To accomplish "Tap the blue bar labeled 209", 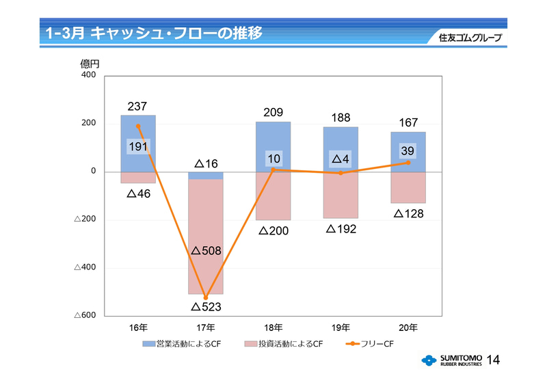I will pos(273,137).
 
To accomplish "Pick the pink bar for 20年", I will pos(408,187).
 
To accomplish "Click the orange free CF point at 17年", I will pos(206,297).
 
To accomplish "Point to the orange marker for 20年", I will pos(408,163).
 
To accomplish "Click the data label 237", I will pos(137,107).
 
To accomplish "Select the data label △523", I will pos(206,307).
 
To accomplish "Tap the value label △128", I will pos(408,213).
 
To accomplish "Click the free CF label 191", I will pos(138,146).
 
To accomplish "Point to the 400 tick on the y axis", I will pos(89,75).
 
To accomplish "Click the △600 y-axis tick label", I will pos(85,315).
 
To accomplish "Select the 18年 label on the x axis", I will pos(273,328).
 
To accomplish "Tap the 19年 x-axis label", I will pos(341,328).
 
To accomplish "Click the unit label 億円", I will pos(90,64).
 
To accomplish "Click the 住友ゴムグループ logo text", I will pos(470,38).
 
